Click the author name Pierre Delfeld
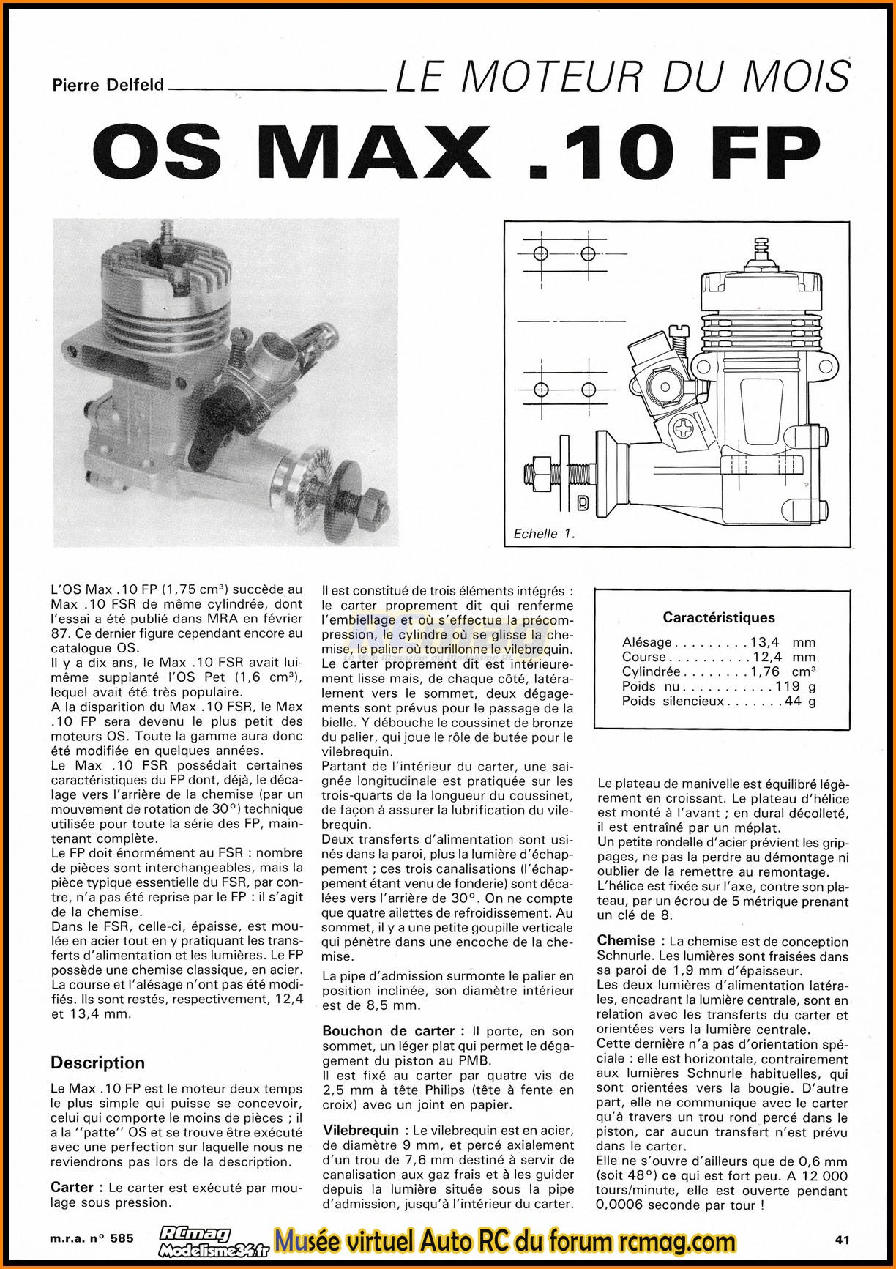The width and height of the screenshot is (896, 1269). [x=108, y=85]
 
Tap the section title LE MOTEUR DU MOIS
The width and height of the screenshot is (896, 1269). [x=622, y=76]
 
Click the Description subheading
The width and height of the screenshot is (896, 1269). [x=97, y=1063]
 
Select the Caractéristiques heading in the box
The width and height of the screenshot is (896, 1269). [x=719, y=617]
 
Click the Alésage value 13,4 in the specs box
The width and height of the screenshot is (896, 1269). [x=764, y=642]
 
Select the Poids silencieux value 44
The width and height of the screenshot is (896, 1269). [x=793, y=701]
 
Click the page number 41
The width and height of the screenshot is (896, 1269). [x=842, y=1240]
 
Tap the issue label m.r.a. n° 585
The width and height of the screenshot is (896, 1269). [x=92, y=1238]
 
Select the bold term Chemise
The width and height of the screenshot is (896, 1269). [x=626, y=941]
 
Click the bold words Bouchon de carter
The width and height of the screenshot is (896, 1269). [x=389, y=1031]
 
